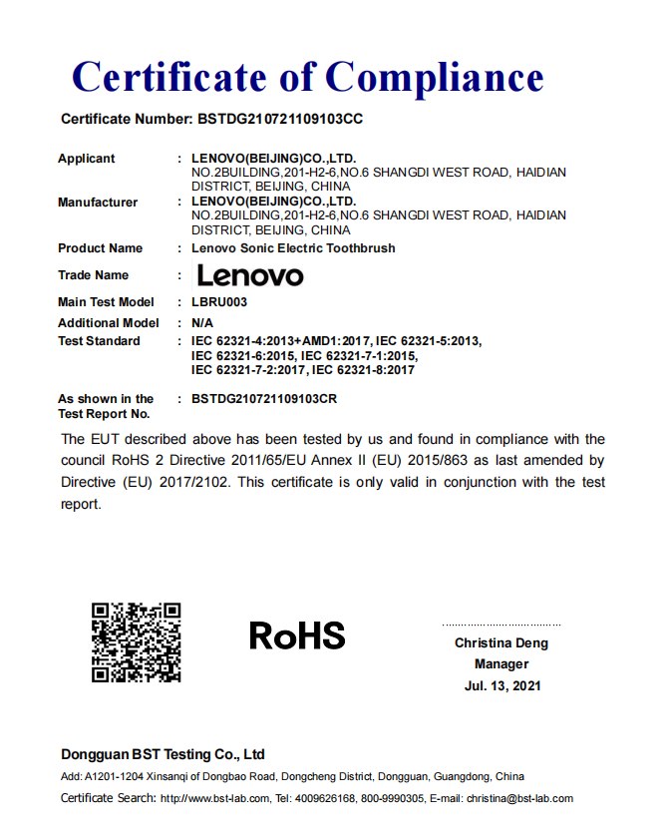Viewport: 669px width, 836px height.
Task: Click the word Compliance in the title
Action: pos(435,77)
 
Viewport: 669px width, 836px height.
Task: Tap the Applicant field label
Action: pos(86,159)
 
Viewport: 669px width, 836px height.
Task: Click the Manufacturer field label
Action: pos(98,203)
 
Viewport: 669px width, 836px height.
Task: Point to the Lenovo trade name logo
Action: pos(250,275)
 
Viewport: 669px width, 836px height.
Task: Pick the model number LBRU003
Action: pos(219,302)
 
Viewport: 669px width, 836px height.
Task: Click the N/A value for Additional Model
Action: pos(202,323)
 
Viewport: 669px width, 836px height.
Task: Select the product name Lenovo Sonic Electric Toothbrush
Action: pos(293,248)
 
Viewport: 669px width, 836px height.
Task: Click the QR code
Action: pos(137,642)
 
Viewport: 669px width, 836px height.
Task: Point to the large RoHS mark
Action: pos(297,635)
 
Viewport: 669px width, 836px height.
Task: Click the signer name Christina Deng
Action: pos(502,643)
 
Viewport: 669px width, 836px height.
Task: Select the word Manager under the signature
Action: pos(502,664)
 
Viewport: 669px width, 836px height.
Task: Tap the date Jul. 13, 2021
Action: pos(502,686)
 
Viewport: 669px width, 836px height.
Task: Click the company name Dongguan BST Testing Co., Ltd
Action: pos(163,754)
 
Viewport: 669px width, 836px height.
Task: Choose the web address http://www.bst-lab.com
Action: pos(215,798)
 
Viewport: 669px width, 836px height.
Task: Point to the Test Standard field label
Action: pos(99,341)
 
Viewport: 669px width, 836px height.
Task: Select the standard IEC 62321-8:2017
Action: pos(363,370)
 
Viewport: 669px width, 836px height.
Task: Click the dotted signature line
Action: pos(502,626)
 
